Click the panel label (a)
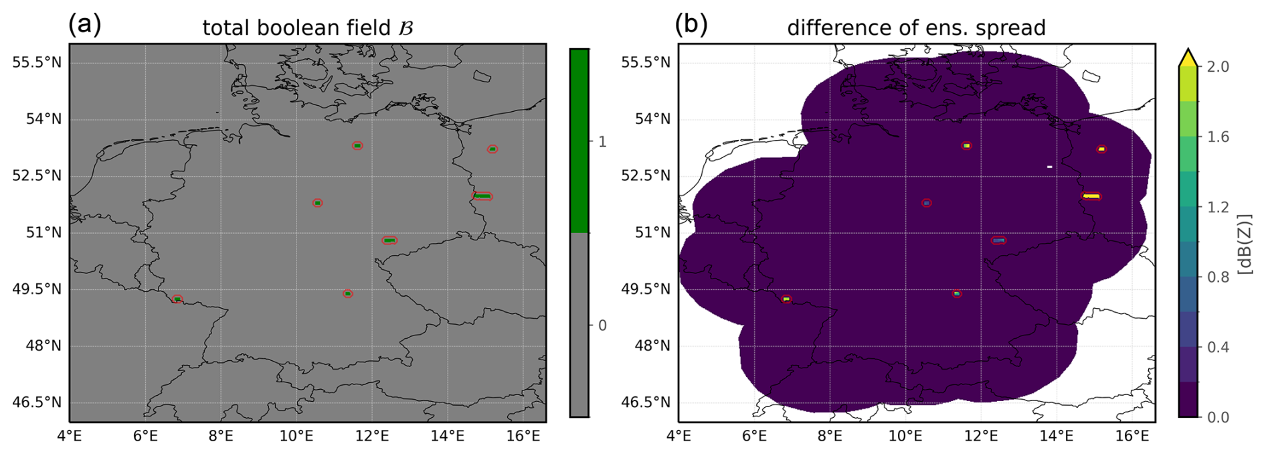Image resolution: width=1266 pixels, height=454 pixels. pos(85,25)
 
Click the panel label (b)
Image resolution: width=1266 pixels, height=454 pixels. pos(691,25)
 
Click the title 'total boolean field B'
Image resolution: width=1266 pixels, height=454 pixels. pos(308,28)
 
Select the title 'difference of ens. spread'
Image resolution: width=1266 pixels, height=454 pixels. pos(916,28)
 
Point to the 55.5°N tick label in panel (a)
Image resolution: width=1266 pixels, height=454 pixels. pos(37,62)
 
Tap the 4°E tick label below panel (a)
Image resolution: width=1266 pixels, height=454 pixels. pos(70,436)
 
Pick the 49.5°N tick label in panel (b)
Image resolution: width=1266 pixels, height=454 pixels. pos(646,289)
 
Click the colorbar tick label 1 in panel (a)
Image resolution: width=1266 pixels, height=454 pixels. pos(602,141)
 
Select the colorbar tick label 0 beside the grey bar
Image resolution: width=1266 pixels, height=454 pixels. pos(602,325)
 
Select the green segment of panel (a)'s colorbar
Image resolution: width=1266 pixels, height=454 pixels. pos(579,141)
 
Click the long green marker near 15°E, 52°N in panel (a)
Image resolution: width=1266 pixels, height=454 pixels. pos(482,196)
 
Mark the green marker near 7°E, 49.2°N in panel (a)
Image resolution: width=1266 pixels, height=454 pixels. pos(177,299)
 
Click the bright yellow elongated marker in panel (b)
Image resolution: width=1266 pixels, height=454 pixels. pos(1091,196)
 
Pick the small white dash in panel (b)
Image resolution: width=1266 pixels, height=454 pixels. pos(1049,167)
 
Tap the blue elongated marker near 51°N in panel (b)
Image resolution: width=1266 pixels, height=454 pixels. pos(998,240)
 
